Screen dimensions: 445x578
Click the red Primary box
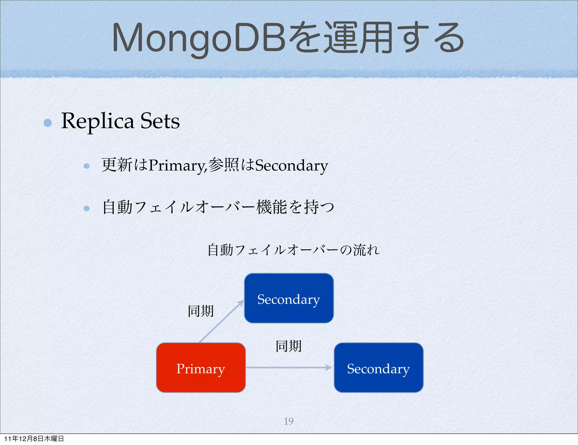tap(201, 368)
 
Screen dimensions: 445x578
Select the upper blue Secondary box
tap(289, 298)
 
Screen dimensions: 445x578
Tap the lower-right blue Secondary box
tap(378, 368)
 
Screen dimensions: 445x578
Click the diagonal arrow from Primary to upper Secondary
tap(221, 321)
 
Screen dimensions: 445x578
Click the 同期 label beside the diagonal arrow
tap(201, 311)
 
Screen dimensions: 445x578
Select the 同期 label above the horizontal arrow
tap(288, 346)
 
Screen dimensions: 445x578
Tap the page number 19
tap(288, 421)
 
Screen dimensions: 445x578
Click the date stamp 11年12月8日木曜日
tap(34, 439)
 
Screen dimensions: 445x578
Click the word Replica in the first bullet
tap(97, 121)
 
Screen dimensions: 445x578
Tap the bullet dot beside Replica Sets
tap(48, 123)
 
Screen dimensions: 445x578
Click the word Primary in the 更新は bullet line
tap(177, 165)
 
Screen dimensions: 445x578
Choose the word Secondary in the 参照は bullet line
tap(292, 165)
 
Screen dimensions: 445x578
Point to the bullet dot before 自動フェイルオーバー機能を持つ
tap(87, 208)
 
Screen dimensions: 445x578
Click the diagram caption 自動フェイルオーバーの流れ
tap(294, 250)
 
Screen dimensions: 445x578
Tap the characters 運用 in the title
tap(358, 38)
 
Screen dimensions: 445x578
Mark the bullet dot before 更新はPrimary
tap(87, 166)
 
